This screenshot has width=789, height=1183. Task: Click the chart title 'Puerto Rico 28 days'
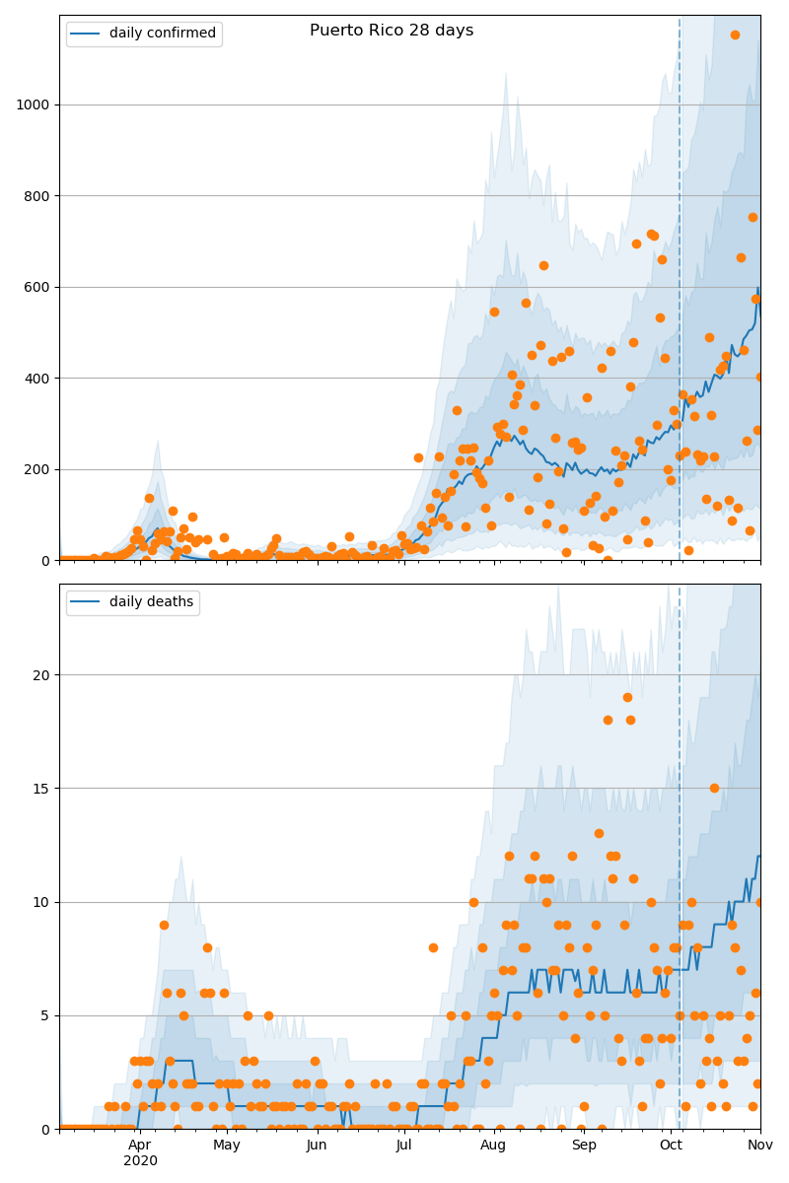tap(392, 31)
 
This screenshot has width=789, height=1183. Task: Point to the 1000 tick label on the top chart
tap(33, 105)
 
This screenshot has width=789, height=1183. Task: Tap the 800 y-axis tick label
tap(36, 196)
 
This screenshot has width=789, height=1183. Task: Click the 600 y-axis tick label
tap(36, 287)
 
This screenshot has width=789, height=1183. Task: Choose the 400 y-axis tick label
tap(36, 379)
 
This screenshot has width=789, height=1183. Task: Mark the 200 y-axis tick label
tap(36, 469)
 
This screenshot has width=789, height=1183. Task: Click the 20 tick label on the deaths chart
tap(41, 675)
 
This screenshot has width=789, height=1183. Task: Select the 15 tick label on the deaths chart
tap(41, 789)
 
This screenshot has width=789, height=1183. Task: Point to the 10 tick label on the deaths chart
tap(41, 902)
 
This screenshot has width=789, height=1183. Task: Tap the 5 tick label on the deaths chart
tap(45, 1015)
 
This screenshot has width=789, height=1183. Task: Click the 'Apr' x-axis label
tap(140, 1145)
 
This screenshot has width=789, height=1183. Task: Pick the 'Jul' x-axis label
tap(403, 1145)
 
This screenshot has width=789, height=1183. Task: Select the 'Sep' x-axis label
tap(584, 1145)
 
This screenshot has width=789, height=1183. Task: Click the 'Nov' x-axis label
tap(760, 1145)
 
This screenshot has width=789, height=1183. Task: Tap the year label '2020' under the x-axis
tap(140, 1161)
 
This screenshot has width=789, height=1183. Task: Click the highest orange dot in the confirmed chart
tap(735, 35)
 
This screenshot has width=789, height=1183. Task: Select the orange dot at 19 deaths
tap(627, 698)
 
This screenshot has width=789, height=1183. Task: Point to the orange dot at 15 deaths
tap(714, 789)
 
